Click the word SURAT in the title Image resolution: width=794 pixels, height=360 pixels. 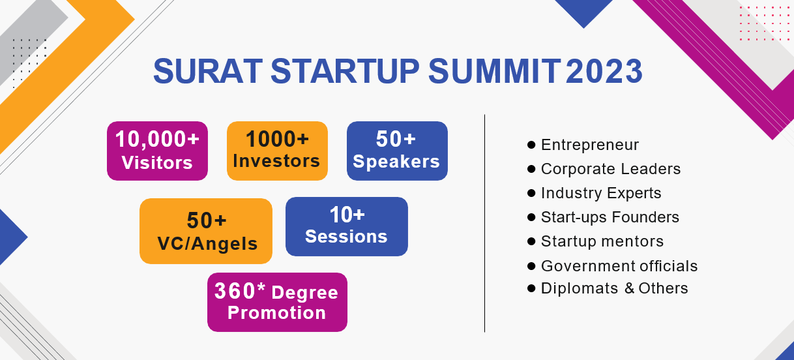coord(208,71)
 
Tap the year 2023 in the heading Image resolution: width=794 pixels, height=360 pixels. coord(604,71)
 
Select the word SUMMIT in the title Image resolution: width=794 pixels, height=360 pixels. coord(495,71)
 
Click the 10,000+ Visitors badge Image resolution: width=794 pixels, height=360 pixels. coord(157,151)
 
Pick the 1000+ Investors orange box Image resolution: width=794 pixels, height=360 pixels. coord(277,151)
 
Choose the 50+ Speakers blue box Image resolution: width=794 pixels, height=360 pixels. coord(397,151)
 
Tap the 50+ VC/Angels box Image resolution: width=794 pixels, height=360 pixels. coord(206,231)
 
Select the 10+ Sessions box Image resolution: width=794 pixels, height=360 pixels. coord(347,227)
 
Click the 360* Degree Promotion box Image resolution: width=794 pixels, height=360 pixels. coord(277,302)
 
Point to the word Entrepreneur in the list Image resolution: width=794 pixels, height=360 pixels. coord(590,145)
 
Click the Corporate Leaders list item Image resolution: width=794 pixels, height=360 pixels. coord(611,169)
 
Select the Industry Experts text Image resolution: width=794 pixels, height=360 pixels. coord(601,193)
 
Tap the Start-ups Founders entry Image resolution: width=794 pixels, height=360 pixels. coord(610,217)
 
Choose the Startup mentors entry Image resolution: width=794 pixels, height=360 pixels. coord(602,241)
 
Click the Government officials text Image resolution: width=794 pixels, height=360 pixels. coord(619,266)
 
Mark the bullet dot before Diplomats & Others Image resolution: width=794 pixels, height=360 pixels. coord(531,288)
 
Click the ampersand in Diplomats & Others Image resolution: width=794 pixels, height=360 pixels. coord(629,288)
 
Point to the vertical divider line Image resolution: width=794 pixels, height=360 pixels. coord(484,223)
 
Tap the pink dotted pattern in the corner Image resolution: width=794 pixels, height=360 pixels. coord(765,23)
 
